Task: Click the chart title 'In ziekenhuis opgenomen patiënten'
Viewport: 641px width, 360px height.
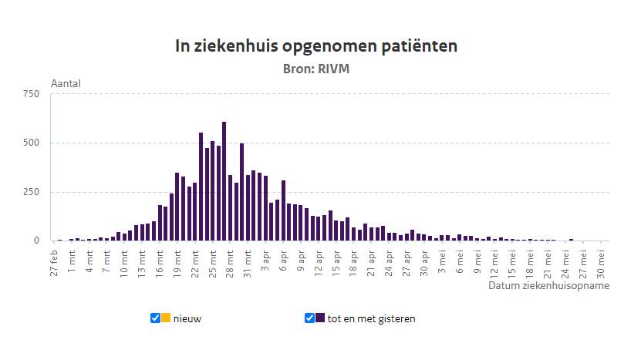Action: [x=316, y=46]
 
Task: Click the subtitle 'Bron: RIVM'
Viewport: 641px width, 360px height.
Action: [x=316, y=69]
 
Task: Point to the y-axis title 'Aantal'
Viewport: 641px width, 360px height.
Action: [x=66, y=83]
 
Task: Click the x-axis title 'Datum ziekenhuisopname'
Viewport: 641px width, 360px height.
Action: [x=548, y=285]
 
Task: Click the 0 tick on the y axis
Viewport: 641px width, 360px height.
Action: [x=36, y=241]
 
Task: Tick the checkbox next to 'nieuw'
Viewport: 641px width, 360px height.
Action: [x=155, y=318]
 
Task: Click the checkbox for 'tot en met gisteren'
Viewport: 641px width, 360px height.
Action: [x=309, y=318]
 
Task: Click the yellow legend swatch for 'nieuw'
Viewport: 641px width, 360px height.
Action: [x=166, y=318]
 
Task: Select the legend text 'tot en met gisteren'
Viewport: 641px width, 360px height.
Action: [x=371, y=318]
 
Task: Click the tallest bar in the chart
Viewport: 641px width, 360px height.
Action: [x=224, y=181]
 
